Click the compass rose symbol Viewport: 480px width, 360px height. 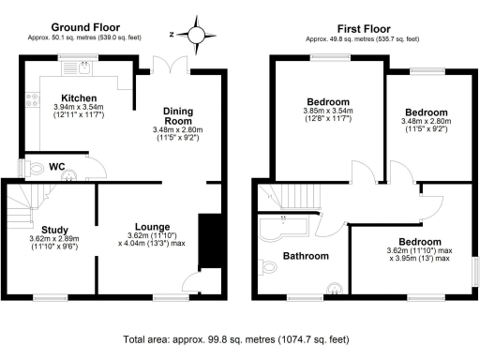pos(196,34)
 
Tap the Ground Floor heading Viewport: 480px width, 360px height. pos(82,27)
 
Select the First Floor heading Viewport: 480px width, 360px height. pos(368,27)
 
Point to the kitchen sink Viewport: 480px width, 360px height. pos(85,66)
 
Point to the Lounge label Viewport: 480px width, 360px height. pos(152,226)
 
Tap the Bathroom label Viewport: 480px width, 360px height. pos(306,256)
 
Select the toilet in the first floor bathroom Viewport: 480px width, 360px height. pos(271,268)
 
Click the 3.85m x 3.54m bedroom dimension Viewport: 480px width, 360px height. pos(327,112)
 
